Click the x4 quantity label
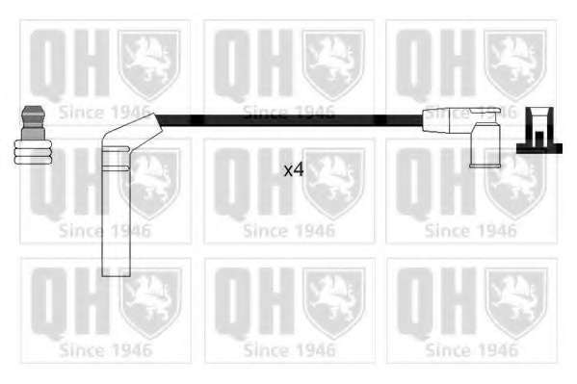point(294,170)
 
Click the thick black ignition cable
point(290,120)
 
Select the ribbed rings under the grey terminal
point(33,151)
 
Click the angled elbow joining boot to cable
point(133,130)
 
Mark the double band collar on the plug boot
point(116,158)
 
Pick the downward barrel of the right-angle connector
point(485,145)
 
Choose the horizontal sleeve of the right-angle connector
point(449,119)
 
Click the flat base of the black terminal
point(539,148)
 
